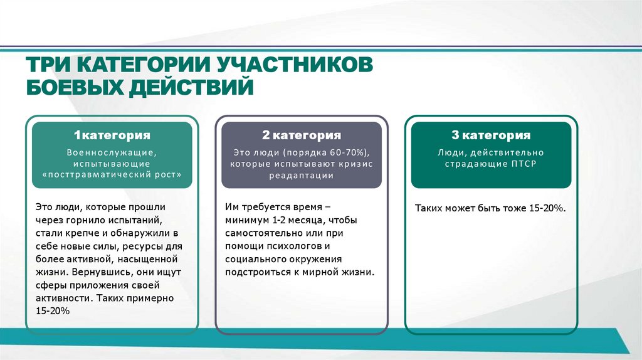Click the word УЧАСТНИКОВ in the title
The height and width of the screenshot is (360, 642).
[x=295, y=64]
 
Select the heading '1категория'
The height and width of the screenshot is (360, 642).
[x=112, y=135]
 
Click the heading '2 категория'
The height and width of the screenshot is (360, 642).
[x=302, y=135]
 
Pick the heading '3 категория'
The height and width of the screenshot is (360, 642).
[x=491, y=135]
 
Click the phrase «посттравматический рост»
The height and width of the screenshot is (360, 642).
[x=112, y=176]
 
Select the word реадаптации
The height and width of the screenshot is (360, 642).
[x=302, y=176]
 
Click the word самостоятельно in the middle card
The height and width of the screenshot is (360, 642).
[x=262, y=233]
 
